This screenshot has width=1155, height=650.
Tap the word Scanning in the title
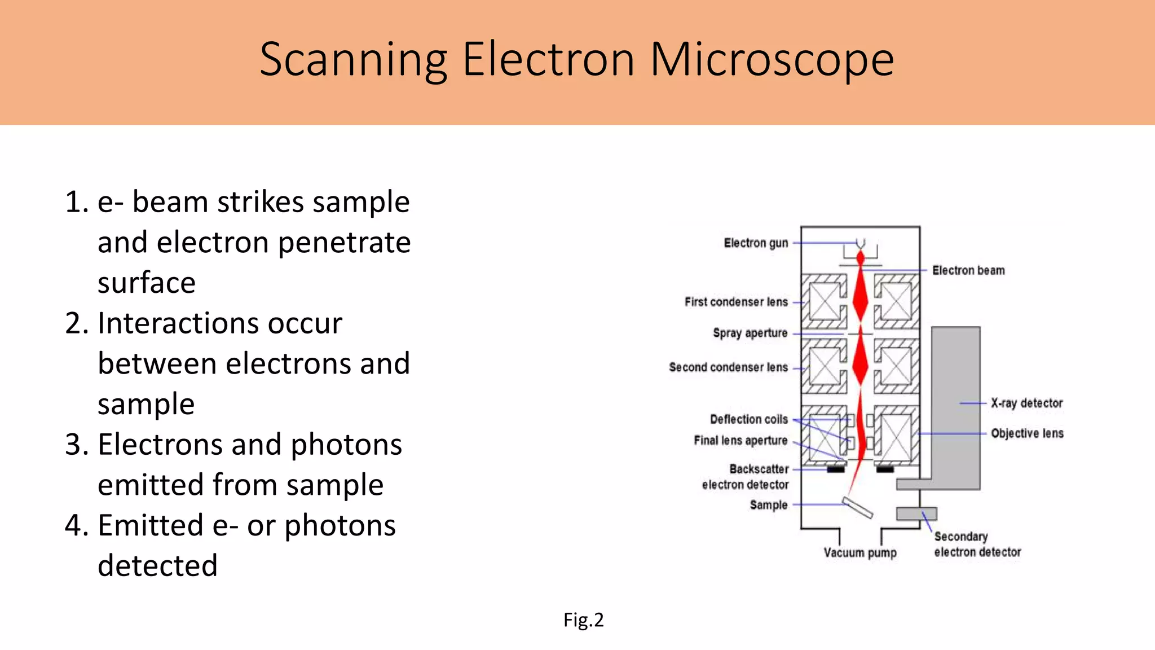coord(353,60)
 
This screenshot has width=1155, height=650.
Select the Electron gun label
coord(756,243)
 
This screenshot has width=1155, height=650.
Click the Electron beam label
coord(968,270)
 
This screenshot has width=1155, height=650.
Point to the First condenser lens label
coord(736,302)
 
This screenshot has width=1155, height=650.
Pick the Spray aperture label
coord(750,333)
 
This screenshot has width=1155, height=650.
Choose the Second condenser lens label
coord(728,367)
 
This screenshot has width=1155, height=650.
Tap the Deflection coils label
coord(748,419)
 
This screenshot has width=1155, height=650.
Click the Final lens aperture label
coord(740,440)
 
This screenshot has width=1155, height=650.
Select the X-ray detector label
coord(1026,403)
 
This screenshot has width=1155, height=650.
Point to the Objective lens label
coord(1027,433)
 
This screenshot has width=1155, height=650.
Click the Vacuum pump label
coord(859,553)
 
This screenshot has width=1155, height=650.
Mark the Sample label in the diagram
coord(768,505)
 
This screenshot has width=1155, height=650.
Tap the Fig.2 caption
coord(583,620)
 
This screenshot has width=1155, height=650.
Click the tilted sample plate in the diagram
coord(857,507)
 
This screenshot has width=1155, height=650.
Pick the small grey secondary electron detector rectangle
coord(916,513)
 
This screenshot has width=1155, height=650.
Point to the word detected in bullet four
coord(157,566)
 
